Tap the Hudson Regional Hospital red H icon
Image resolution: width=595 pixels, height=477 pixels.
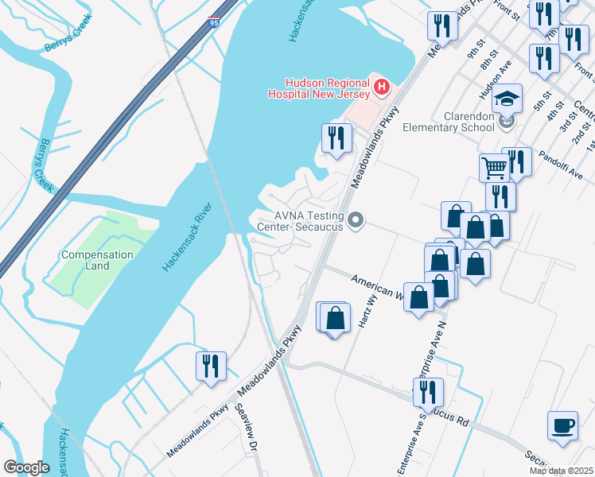click(x=381, y=87)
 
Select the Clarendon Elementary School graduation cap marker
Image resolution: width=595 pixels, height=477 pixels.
click(x=506, y=100)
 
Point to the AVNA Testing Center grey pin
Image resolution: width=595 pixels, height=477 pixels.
click(x=356, y=220)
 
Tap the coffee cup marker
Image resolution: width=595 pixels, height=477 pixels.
click(x=562, y=425)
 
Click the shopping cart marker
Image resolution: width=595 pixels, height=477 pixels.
click(x=494, y=168)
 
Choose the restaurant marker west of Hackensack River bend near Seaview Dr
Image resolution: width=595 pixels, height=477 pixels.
click(x=211, y=366)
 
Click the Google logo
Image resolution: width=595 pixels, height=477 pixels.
click(x=26, y=467)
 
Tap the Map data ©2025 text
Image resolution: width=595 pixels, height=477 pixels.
click(x=561, y=471)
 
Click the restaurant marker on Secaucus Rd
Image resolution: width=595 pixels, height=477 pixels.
click(x=428, y=393)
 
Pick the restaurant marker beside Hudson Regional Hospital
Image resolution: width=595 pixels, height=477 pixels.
click(x=336, y=138)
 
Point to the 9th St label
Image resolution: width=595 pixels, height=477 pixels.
click(x=476, y=49)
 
